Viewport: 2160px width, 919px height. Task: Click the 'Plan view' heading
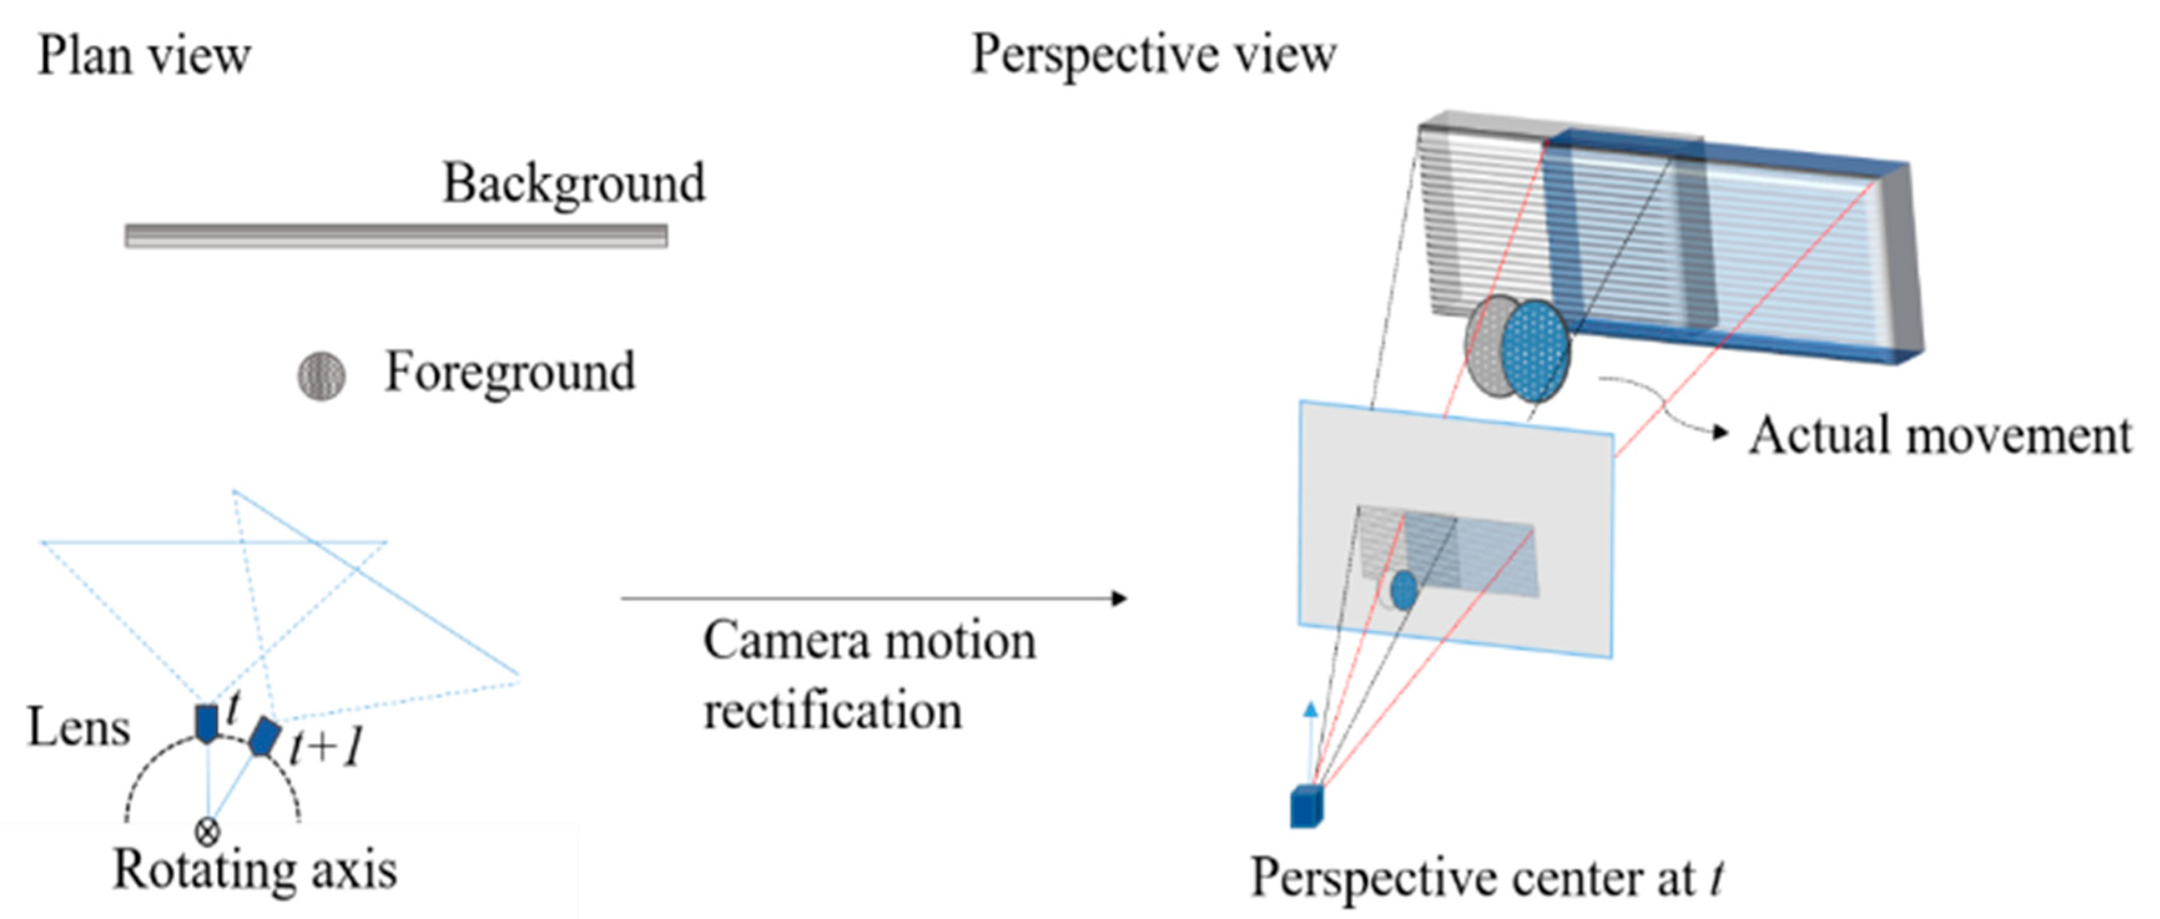[144, 56]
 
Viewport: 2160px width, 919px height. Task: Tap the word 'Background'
[574, 184]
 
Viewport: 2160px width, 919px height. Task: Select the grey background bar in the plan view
[396, 236]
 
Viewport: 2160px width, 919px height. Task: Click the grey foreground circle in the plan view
[321, 377]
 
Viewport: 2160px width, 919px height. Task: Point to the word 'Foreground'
[510, 372]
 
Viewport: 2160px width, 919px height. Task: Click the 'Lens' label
[79, 728]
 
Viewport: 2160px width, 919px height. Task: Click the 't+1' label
[327, 746]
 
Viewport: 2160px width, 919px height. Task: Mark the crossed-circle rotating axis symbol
[207, 832]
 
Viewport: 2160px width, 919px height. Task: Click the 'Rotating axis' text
[255, 870]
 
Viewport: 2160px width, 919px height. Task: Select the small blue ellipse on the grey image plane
[1403, 590]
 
